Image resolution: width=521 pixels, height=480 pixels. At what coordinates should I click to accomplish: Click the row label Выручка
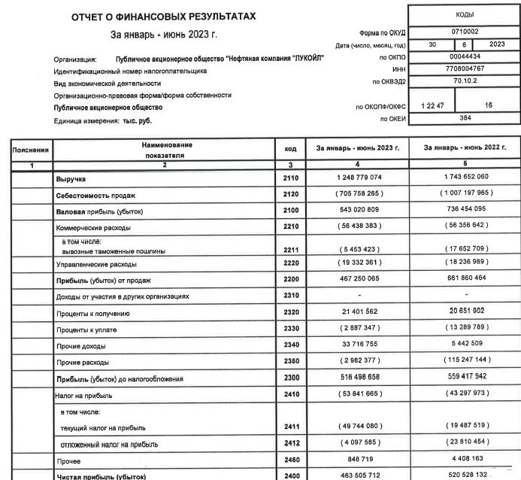coord(72,181)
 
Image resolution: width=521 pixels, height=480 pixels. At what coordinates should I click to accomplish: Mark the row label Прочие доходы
coord(80,345)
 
